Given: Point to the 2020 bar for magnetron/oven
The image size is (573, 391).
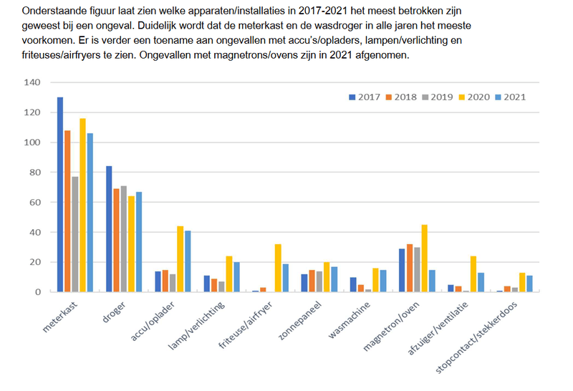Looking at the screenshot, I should (424, 259).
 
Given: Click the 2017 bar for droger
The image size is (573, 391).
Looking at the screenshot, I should (109, 229).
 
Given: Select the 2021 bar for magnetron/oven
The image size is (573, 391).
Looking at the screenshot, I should (432, 281).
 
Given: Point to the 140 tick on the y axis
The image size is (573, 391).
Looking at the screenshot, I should (33, 82).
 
